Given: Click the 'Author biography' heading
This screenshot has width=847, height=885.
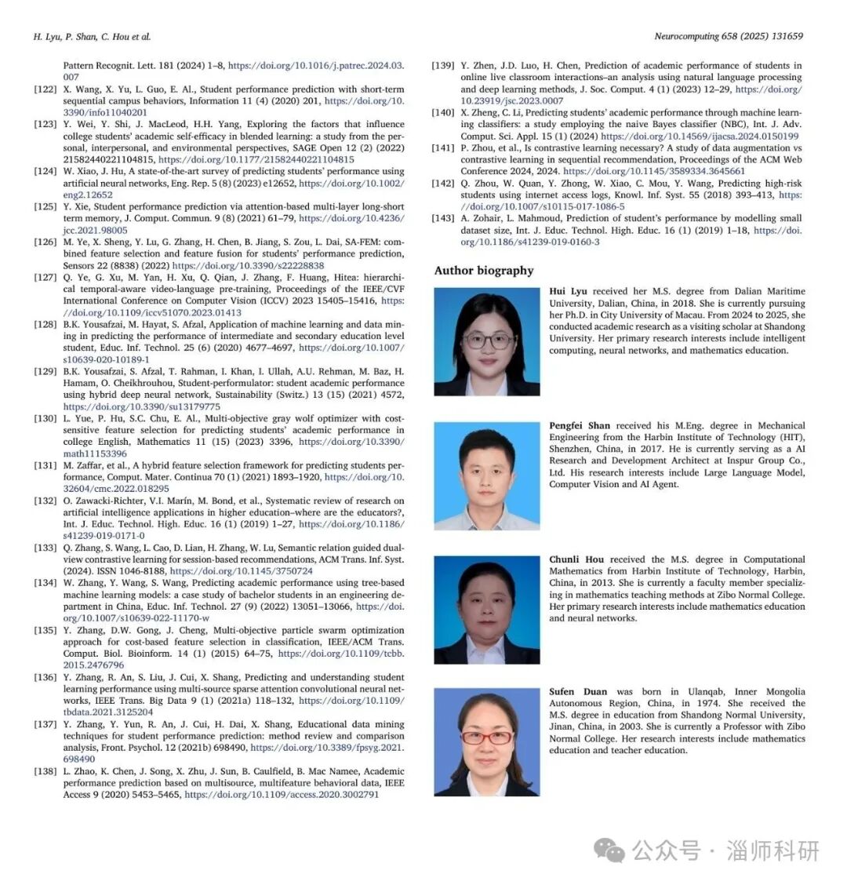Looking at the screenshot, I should [x=484, y=271].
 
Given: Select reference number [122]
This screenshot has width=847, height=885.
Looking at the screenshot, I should [x=45, y=89].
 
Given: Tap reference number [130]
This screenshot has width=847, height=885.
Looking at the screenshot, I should [x=45, y=419].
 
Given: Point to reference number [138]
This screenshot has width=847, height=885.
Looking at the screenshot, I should [x=45, y=772].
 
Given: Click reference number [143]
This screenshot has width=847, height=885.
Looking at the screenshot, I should [x=443, y=219].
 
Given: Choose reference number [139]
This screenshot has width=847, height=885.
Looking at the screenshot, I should [x=443, y=66].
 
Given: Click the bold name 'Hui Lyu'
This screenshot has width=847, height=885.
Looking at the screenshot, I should [x=568, y=292].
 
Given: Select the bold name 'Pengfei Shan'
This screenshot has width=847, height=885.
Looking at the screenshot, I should [x=580, y=426].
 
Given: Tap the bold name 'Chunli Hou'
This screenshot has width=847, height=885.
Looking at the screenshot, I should [x=576, y=560].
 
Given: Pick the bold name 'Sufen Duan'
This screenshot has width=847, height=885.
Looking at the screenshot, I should [x=578, y=692].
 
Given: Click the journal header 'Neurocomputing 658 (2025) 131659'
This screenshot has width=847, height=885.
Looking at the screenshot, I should [x=729, y=37].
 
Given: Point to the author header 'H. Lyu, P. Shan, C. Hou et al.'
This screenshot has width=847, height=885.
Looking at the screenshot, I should [x=93, y=37].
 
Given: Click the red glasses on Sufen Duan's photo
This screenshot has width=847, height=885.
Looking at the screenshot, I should [x=486, y=738].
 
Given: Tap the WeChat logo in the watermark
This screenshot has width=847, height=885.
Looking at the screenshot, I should [x=609, y=850].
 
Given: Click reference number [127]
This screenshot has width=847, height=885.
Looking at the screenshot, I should [x=45, y=278].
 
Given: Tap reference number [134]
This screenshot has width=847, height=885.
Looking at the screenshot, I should [x=45, y=584].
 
